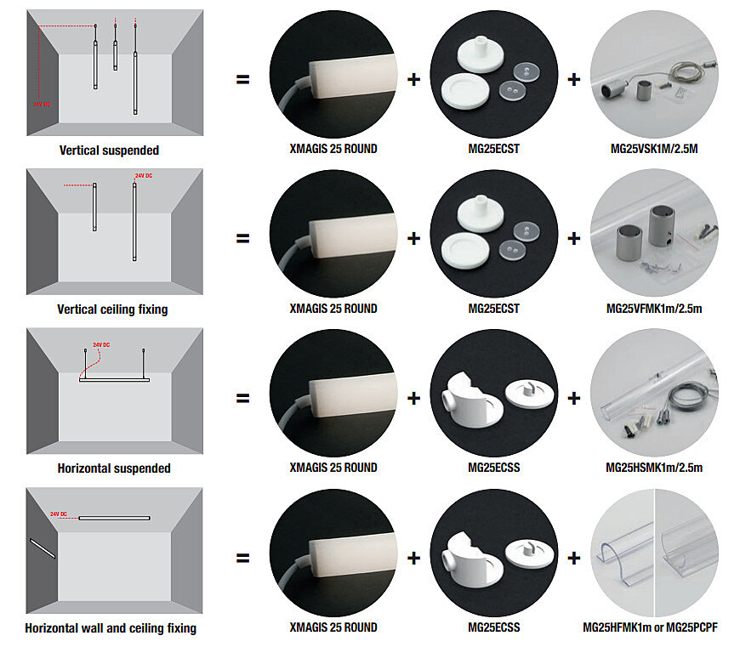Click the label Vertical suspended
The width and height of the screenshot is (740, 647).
coord(109,150)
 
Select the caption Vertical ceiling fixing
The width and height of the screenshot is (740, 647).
coord(112,309)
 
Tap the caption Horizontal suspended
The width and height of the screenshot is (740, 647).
coord(113,468)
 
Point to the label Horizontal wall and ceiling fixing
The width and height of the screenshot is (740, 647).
coord(111,628)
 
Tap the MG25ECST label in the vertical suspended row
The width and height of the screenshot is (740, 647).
coord(494,149)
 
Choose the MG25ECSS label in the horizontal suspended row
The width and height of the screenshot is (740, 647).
coord(494,468)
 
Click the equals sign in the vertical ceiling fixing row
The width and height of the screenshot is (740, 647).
coord(243,238)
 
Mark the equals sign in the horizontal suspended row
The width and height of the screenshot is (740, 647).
coord(243,398)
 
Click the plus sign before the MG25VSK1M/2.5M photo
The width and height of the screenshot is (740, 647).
coord(574,79)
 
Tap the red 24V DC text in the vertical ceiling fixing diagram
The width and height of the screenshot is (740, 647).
coord(143,176)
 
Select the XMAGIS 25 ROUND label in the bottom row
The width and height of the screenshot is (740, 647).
coord(333,627)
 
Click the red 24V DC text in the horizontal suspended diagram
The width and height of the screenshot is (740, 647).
coord(101,345)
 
